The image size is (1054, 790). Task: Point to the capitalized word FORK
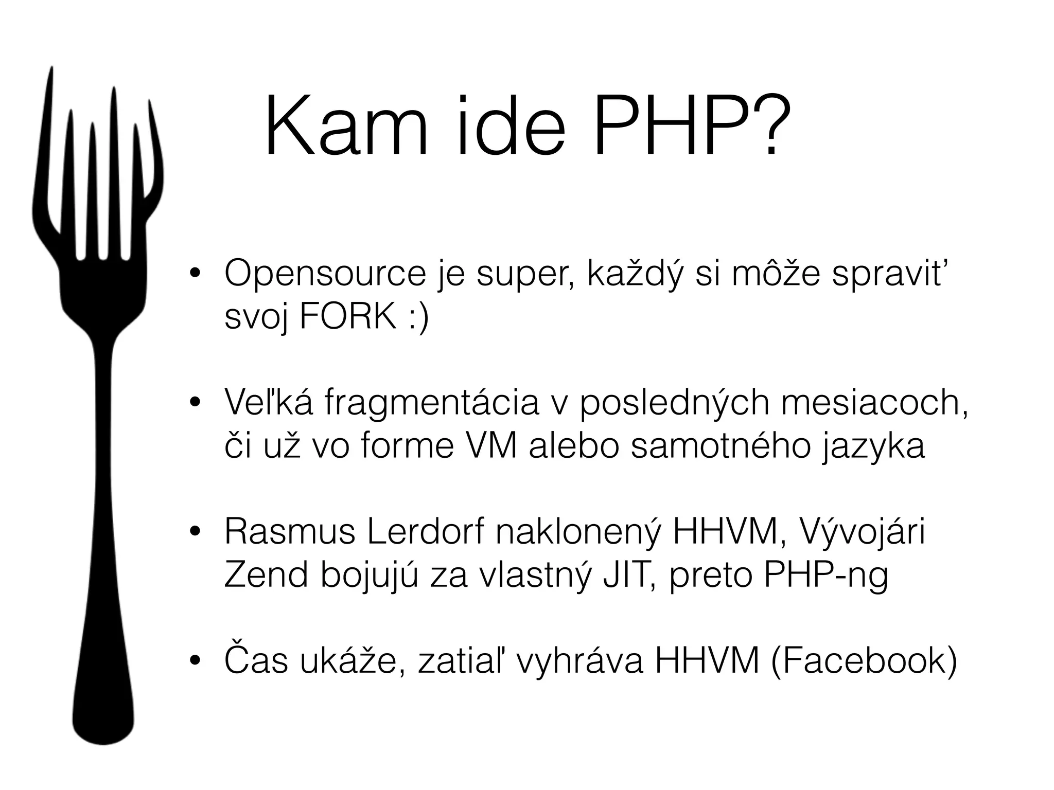pos(348,317)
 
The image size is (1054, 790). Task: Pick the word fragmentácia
pos(432,404)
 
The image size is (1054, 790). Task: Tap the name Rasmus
pos(290,532)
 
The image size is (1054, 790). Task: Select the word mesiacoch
pos(874,404)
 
